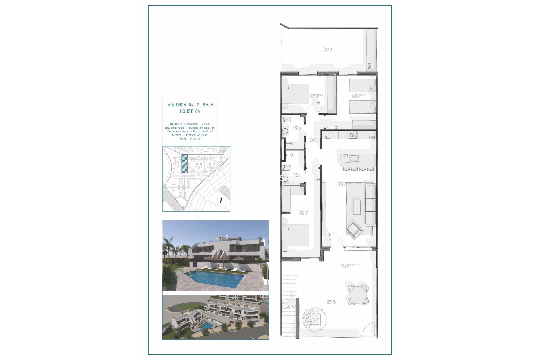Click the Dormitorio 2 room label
(x=316, y=95)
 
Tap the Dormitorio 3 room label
(x=358, y=95)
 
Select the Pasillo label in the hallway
(x=314, y=139)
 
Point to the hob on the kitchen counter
(x=353, y=135)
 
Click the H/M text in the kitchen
(x=372, y=138)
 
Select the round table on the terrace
(x=358, y=295)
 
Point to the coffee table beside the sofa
(x=357, y=207)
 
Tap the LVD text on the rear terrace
(x=369, y=66)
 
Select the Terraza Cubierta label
(x=350, y=265)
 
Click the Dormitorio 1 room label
(x=305, y=212)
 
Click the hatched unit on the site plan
(x=184, y=164)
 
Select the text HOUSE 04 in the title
(x=190, y=111)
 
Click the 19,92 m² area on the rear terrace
(x=327, y=51)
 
